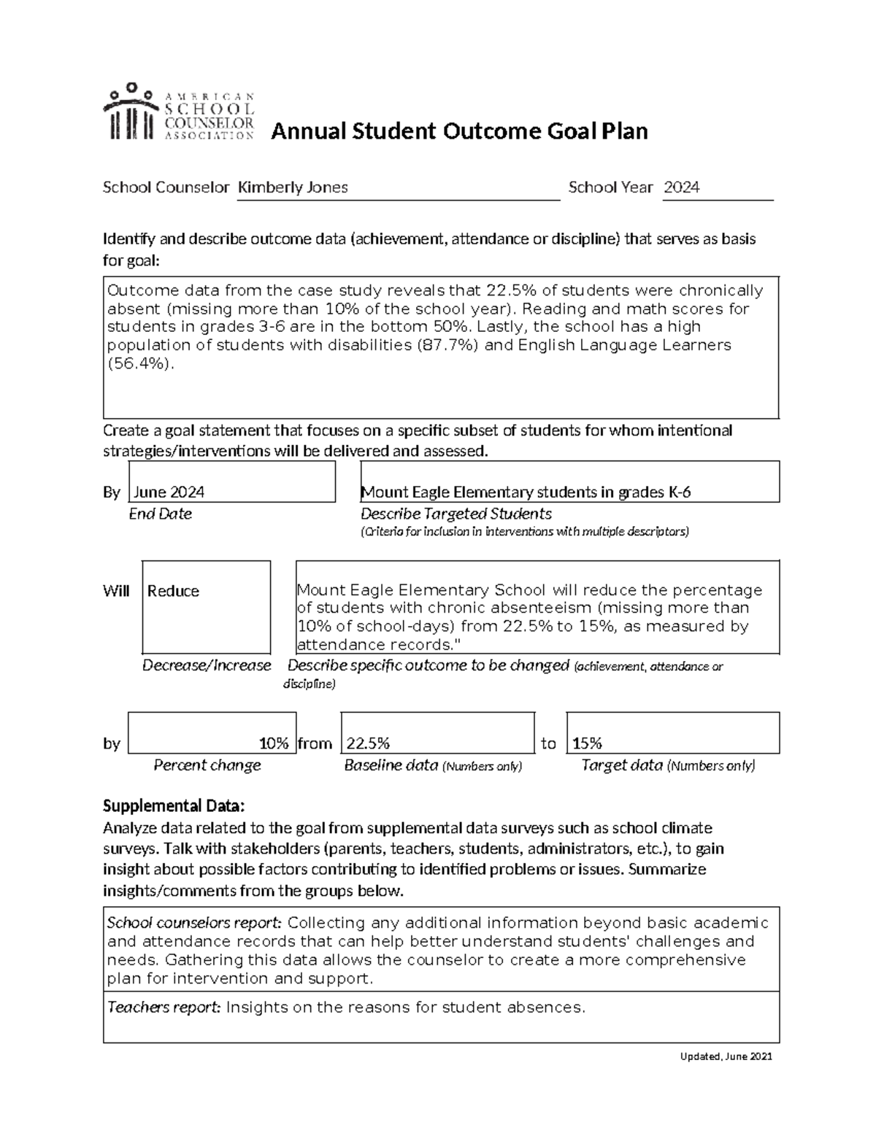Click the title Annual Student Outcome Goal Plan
pos(459,131)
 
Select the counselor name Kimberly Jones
pos(293,187)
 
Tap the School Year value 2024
pos(681,187)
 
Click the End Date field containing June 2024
pos(231,482)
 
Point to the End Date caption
pos(160,514)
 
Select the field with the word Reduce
pos(206,607)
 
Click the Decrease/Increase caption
pos(206,665)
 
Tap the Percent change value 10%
pos(274,743)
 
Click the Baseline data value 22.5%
pos(368,743)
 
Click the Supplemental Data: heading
pos(174,806)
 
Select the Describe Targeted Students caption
pos(456,514)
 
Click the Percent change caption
pos(207,765)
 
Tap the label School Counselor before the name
pos(166,187)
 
